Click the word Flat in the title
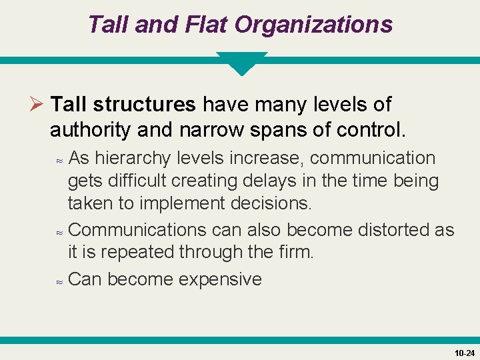[x=201, y=25]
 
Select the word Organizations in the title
[x=313, y=25]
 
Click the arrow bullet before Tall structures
[x=37, y=105]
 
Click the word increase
[x=267, y=158]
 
